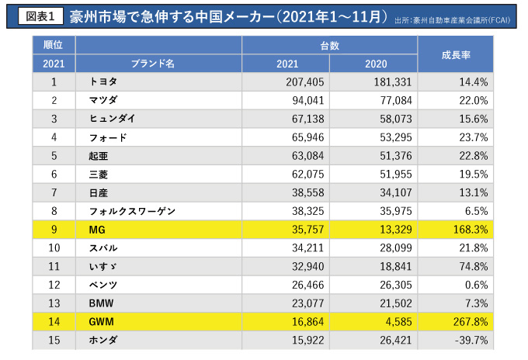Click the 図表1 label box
point(37,16)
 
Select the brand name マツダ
point(106,100)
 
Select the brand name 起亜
point(98,156)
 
